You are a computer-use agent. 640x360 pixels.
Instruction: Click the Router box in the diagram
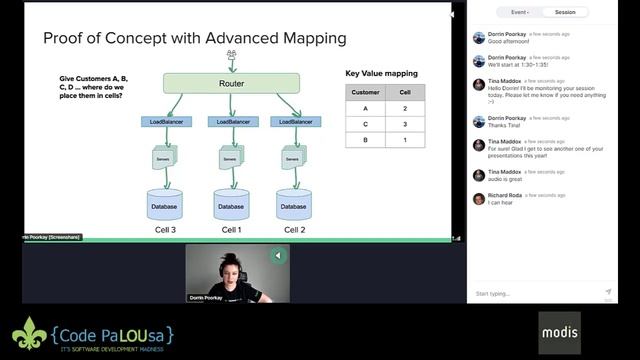click(231, 83)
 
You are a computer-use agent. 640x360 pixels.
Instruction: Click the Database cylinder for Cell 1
click(231, 205)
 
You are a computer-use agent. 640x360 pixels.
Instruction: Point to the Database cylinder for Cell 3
click(165, 205)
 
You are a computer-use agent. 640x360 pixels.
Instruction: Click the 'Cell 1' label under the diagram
click(231, 230)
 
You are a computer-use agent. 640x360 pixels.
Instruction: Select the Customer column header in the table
click(365, 92)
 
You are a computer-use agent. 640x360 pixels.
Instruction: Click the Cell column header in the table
click(405, 92)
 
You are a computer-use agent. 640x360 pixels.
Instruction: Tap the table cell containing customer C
click(365, 124)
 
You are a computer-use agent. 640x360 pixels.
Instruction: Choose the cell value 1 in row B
click(405, 140)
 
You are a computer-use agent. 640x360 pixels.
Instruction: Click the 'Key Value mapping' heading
click(382, 73)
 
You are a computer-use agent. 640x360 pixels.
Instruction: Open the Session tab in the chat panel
click(565, 12)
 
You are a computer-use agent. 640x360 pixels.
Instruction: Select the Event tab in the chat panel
click(519, 12)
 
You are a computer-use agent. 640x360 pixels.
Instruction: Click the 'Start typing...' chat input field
click(535, 294)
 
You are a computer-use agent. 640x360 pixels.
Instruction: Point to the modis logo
click(559, 331)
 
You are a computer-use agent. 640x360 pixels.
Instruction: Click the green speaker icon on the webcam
click(278, 256)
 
